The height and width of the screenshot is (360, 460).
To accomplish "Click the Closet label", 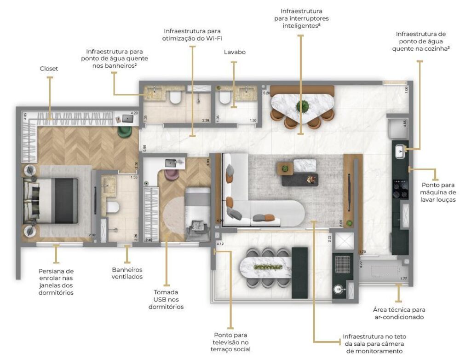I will [x=49, y=69].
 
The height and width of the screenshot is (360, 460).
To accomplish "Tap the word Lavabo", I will [x=234, y=52].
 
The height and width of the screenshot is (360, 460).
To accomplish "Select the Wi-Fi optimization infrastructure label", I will [x=192, y=35].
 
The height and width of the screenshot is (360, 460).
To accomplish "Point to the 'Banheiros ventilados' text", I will [x=127, y=273].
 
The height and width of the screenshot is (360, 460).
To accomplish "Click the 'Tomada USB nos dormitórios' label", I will [x=166, y=299].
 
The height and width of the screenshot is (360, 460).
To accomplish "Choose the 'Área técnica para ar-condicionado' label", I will [x=399, y=314].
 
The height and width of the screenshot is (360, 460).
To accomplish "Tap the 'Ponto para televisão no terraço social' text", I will [x=231, y=342].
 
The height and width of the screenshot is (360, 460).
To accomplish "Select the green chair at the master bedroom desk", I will [x=125, y=131].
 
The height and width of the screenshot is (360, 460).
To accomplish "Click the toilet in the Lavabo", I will [x=225, y=97].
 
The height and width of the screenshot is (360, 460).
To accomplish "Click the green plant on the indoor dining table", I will [x=302, y=105].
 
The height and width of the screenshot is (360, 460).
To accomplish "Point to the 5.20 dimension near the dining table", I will [x=266, y=93].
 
